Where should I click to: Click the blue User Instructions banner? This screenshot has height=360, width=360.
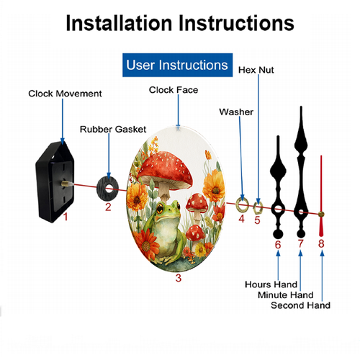[x=177, y=65]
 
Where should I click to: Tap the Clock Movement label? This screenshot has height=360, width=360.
[x=65, y=94]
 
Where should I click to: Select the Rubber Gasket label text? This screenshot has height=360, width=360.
[x=113, y=130]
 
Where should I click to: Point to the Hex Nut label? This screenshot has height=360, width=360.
[x=256, y=70]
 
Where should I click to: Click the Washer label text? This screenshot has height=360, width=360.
[x=236, y=112]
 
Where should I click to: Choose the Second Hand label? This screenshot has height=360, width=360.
[x=300, y=305]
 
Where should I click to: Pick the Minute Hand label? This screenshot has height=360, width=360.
[x=286, y=295]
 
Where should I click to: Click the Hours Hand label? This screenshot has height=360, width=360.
[x=271, y=284]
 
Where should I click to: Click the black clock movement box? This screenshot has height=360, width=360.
[x=54, y=182]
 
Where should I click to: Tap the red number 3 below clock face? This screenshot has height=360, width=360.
[x=179, y=278]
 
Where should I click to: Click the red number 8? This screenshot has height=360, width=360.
[x=321, y=243]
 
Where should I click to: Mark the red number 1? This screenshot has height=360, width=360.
[x=66, y=217]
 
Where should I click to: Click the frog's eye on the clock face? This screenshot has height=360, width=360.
[x=160, y=208]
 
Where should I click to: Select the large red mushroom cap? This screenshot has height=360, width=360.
[x=165, y=168]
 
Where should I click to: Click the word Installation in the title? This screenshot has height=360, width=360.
[x=119, y=23]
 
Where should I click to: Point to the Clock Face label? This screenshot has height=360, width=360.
[x=174, y=90]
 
